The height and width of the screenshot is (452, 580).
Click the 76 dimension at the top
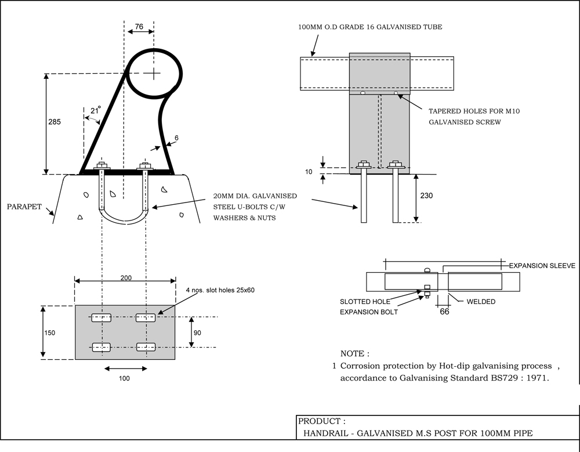(139, 26)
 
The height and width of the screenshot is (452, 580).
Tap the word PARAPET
(25, 206)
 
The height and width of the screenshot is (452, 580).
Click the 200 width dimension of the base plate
(126, 278)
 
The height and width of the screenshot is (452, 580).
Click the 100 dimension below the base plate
(124, 378)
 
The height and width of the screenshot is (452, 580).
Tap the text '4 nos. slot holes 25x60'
(220, 290)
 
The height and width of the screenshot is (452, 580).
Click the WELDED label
(481, 301)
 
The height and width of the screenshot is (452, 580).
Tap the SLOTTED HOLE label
(365, 302)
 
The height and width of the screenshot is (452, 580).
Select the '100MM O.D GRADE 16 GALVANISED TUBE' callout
(370, 27)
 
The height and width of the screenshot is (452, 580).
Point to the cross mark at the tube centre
(154, 73)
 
